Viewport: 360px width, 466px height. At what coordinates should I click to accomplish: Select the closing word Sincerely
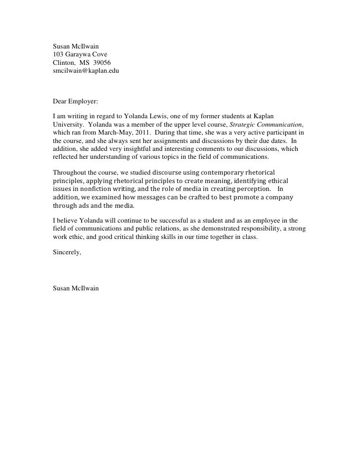click(x=67, y=253)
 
